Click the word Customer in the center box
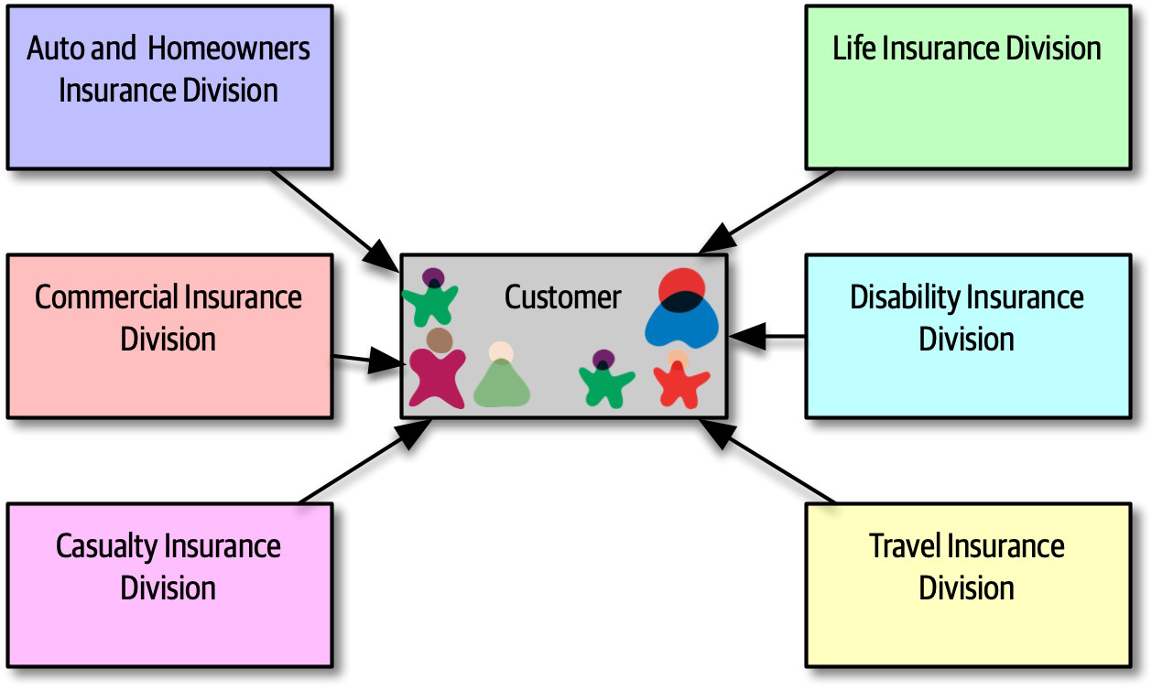pyautogui.click(x=562, y=297)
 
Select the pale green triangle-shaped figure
pyautogui.click(x=502, y=383)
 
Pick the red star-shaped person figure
pyautogui.click(x=680, y=383)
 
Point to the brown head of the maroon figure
pyautogui.click(x=440, y=340)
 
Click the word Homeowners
pyautogui.click(x=229, y=49)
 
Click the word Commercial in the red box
pyautogui.click(x=106, y=297)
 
